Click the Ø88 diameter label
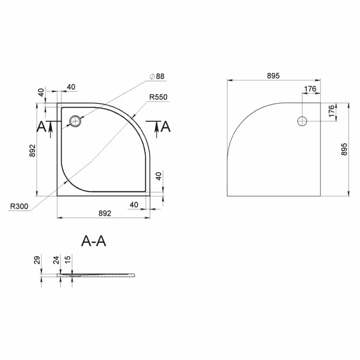coord(157,76)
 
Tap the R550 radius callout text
coord(158,97)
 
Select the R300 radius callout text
coord(19,206)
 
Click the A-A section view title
coord(94,241)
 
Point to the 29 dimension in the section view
coord(37,260)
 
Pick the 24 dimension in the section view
coord(56,260)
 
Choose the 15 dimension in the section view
coord(68,260)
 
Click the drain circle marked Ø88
coord(75,121)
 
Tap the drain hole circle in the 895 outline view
coord(302,121)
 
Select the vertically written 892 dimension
coord(32,150)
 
